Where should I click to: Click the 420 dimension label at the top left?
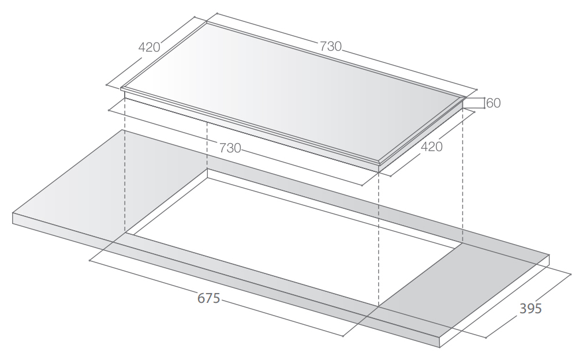pos(149,47)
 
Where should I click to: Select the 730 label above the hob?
pos(330,47)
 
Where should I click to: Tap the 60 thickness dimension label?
pos(494,103)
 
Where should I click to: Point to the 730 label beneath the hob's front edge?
pos(230,147)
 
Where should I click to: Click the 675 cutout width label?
pos(208,299)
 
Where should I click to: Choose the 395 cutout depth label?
pos(531,308)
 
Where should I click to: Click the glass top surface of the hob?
pos(294,92)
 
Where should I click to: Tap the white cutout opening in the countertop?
pos(289,219)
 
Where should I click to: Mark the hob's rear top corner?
pos(206,22)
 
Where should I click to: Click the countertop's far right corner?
pos(549,254)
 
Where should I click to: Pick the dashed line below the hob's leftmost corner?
pos(125,173)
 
